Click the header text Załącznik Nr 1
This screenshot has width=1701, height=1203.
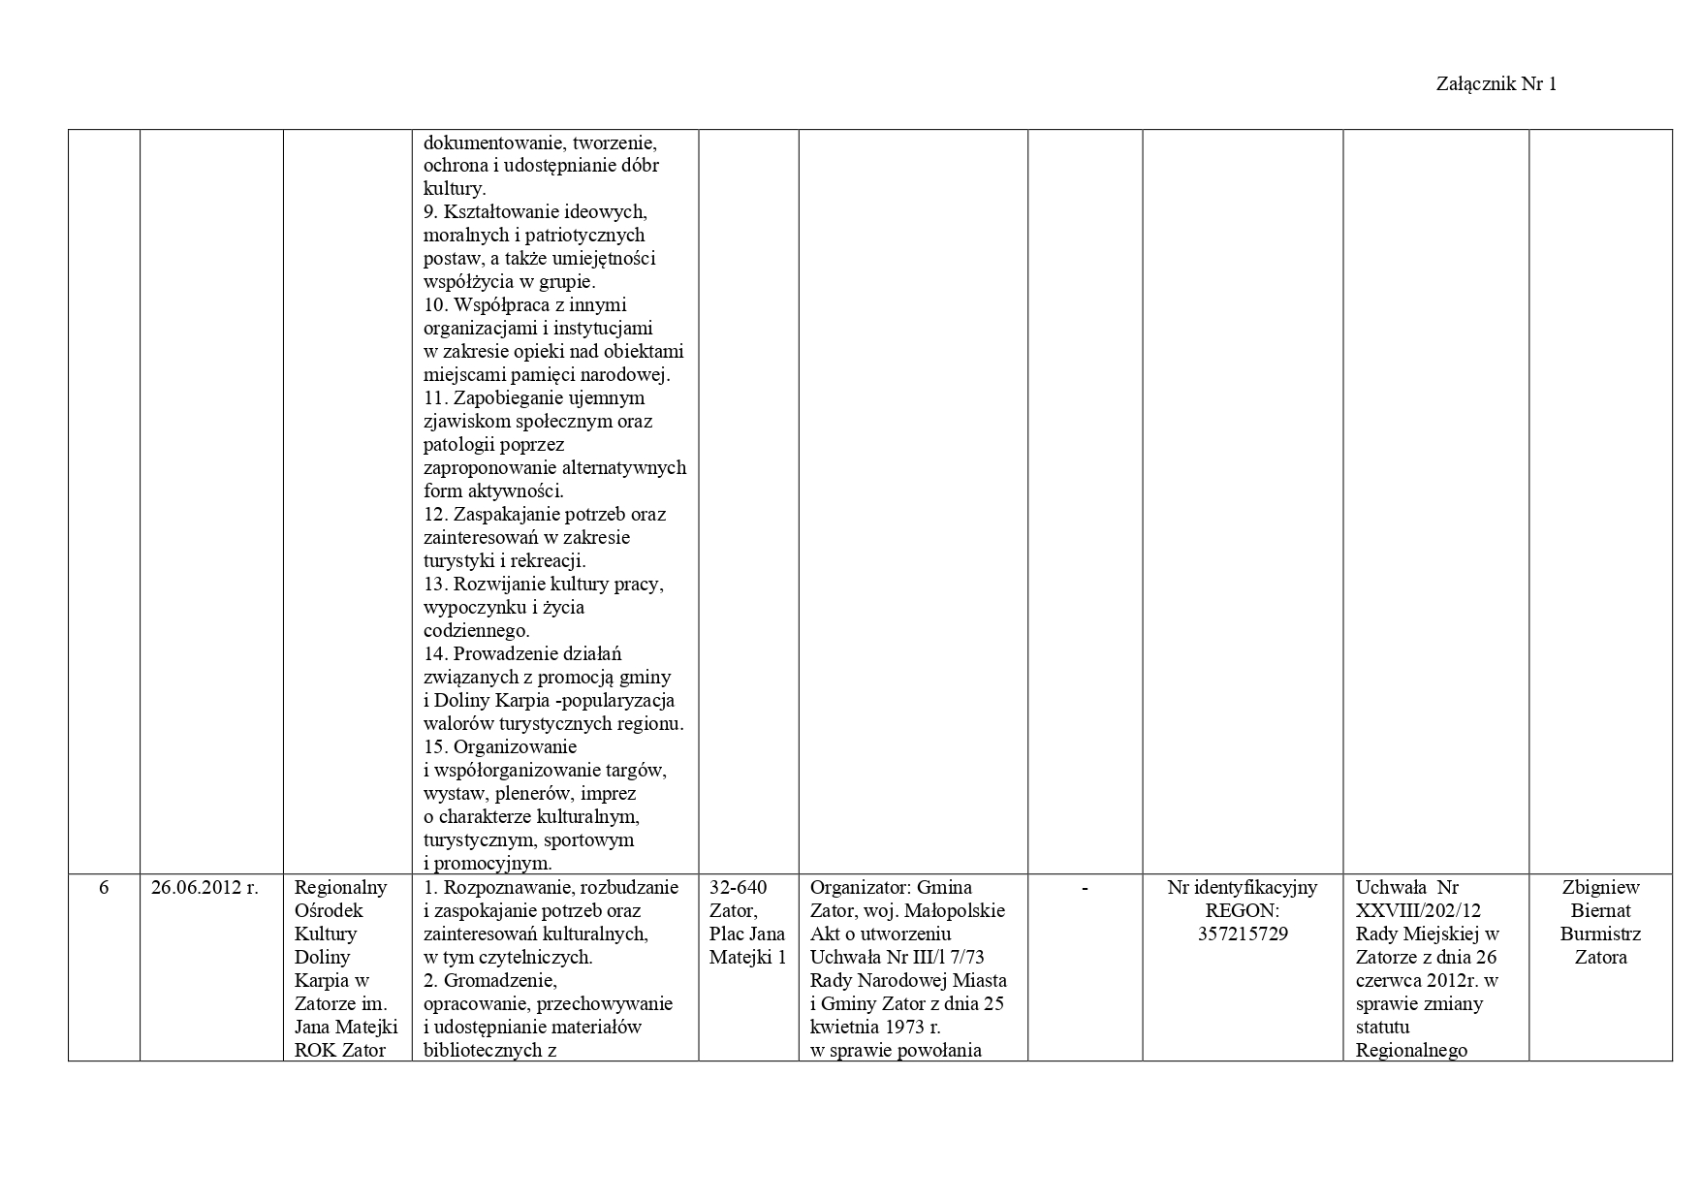coord(1496,84)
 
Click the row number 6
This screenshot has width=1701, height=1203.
coord(104,888)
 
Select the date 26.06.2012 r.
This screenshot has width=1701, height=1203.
coord(205,888)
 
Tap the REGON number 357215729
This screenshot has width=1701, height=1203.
coord(1242,934)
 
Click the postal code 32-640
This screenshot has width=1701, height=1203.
coord(739,888)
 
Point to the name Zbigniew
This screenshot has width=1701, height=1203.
coord(1600,888)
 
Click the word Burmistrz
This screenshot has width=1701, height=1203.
coord(1600,934)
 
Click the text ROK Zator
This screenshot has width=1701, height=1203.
coord(339,1051)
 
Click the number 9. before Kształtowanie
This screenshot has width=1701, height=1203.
coord(432,212)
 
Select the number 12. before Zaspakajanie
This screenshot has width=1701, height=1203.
coord(435,515)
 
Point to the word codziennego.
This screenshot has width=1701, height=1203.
coord(476,631)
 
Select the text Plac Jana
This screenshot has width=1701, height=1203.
coord(747,934)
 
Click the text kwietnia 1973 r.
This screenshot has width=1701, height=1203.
coord(875,1028)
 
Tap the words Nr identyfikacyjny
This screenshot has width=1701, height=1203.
coord(1242,888)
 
